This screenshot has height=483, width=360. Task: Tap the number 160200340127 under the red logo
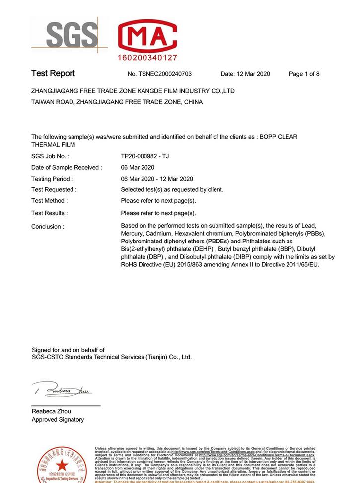[x=147, y=58]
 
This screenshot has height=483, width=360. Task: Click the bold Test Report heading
[x=53, y=73]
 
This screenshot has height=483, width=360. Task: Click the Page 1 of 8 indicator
[x=304, y=74]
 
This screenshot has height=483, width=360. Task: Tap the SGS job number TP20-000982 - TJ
[x=145, y=156]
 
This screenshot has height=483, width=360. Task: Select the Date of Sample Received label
[x=67, y=167]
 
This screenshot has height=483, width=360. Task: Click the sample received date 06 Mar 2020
[x=138, y=167]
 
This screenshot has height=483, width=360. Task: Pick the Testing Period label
[x=52, y=179]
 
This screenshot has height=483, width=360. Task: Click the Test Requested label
[x=54, y=189]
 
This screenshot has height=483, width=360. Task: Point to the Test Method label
[x=49, y=201]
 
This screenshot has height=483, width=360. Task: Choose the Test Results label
[x=50, y=213]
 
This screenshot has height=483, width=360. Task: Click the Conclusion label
[x=48, y=227]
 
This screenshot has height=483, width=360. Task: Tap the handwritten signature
[x=62, y=390]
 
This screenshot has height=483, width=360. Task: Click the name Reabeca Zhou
[x=51, y=411]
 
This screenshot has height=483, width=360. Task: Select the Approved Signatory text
[x=58, y=420]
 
